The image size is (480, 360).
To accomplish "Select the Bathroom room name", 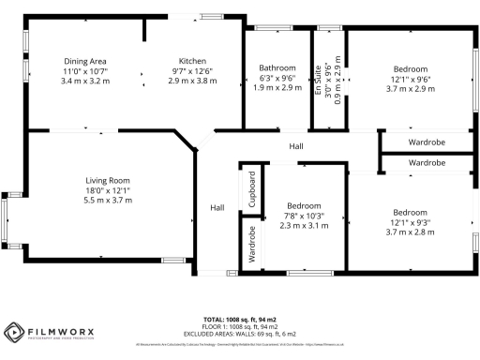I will click(x=277, y=67).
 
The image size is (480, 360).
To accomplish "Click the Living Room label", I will click(x=107, y=180).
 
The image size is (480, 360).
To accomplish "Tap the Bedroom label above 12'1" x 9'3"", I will click(x=411, y=211).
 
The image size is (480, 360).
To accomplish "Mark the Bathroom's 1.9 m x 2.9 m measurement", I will click(x=277, y=89).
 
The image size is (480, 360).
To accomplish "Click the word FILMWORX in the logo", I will click(x=55, y=329).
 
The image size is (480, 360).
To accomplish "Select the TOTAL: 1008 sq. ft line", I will click(x=240, y=321).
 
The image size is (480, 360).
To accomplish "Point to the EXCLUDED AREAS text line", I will click(x=240, y=334).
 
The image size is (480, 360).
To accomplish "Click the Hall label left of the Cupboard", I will click(x=217, y=207).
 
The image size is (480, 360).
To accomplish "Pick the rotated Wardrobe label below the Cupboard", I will click(x=251, y=245).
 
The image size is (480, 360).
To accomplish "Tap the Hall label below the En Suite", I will click(x=296, y=146).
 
